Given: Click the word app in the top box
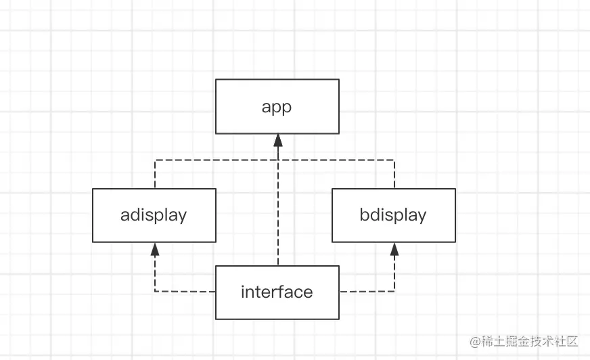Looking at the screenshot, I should (277, 107).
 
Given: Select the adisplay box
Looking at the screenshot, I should (154, 215).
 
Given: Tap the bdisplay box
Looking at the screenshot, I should (393, 215).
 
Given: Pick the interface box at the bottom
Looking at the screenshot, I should (277, 292).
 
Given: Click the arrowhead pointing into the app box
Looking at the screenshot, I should (277, 139).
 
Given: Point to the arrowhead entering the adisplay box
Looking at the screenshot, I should (155, 248).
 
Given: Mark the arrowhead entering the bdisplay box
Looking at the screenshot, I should (394, 248).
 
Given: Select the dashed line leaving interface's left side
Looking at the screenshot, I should (186, 292).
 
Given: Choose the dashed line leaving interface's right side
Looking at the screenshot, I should (365, 292).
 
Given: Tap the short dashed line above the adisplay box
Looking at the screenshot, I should (155, 175).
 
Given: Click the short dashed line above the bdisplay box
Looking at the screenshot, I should (394, 175).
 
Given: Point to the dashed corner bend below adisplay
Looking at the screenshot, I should (155, 292).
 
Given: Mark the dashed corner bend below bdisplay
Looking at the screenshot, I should (394, 292).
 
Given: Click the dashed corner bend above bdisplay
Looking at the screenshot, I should (394, 160).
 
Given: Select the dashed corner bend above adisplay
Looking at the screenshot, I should (155, 160).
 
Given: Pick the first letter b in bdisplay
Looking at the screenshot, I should (365, 215).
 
